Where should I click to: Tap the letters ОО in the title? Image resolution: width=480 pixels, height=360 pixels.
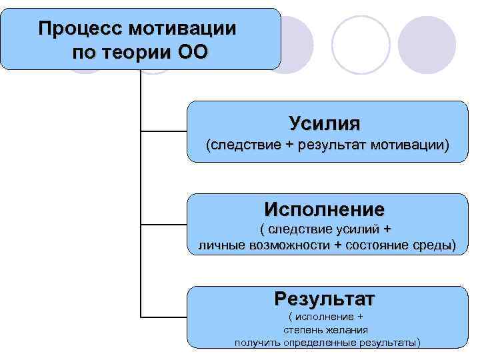tap(193, 53)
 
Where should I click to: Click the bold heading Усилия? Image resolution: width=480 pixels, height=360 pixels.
tap(325, 123)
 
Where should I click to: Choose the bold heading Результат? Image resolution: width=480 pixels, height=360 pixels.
tap(325, 296)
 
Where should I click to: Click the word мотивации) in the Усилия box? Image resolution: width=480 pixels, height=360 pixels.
tap(411, 145)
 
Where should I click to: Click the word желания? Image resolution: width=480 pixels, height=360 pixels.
tap(347, 329)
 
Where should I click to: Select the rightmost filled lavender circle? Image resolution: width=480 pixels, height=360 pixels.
tap(431, 44)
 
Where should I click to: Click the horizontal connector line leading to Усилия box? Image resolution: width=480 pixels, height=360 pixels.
tap(164, 133)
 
